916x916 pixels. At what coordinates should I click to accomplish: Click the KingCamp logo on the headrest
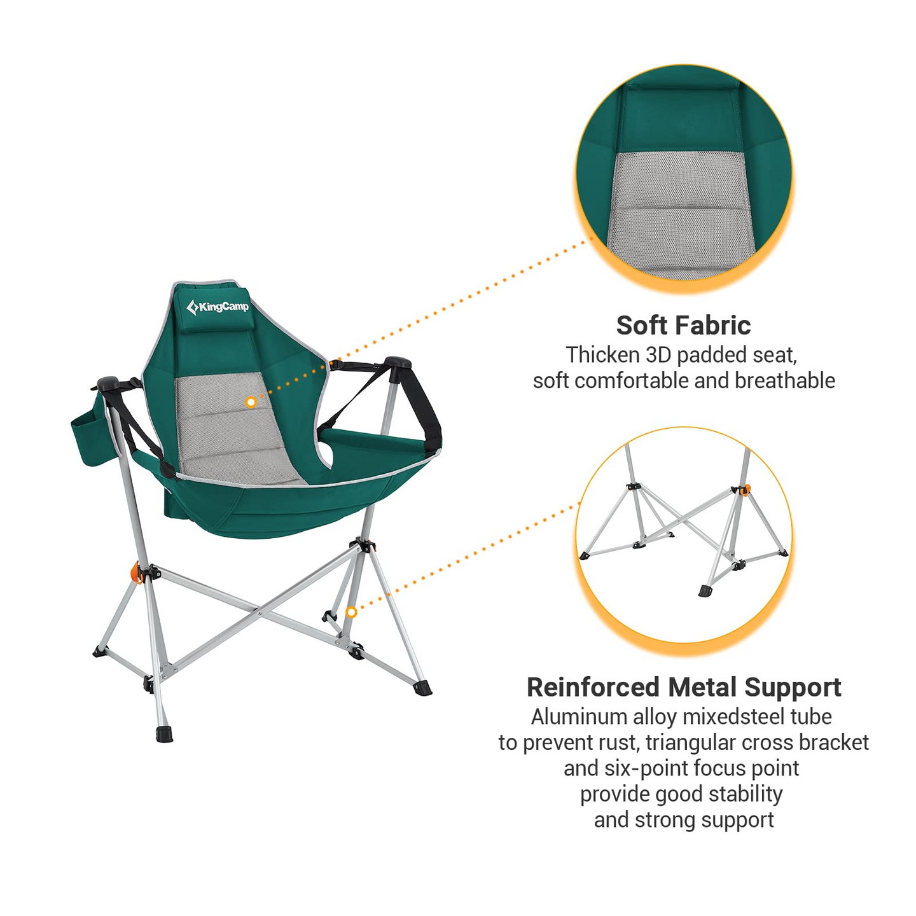[218, 307]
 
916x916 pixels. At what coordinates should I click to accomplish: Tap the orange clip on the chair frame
[135, 571]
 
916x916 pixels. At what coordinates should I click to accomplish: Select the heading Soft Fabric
[683, 325]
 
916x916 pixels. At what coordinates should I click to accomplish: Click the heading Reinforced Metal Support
[684, 688]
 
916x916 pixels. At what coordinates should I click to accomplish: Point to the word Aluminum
[579, 717]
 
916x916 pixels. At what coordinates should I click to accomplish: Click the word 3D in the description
[658, 355]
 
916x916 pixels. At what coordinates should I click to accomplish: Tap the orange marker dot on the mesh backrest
[251, 402]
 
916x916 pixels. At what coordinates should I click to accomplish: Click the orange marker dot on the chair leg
[350, 612]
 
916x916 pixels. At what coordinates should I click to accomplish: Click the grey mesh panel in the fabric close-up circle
[681, 210]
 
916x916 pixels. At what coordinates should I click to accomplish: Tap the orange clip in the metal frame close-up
[746, 489]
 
